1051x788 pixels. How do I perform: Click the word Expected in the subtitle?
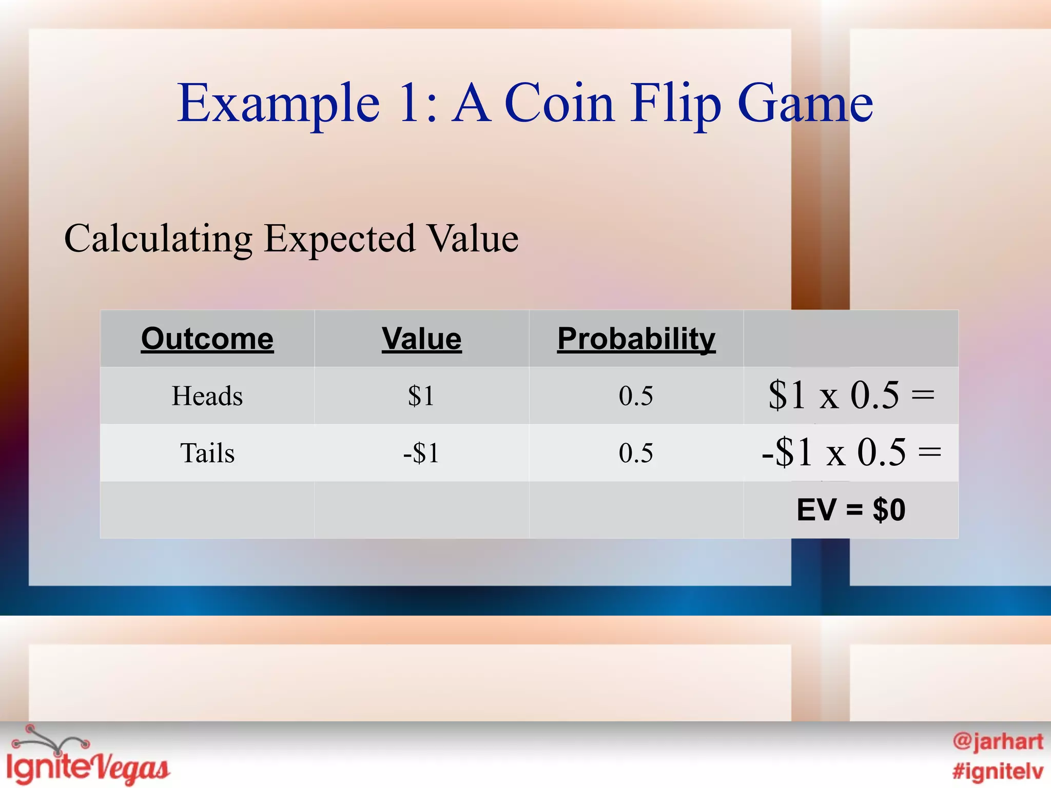(339, 239)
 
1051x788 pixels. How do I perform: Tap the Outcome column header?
(207, 339)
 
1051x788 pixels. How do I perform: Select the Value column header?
(421, 339)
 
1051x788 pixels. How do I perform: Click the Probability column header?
(636, 339)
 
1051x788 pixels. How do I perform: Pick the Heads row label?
(207, 396)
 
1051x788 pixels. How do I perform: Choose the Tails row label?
(207, 453)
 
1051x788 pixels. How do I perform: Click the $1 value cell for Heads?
(421, 396)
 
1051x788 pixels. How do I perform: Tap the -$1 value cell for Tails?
(421, 453)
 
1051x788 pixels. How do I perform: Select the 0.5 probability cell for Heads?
(636, 396)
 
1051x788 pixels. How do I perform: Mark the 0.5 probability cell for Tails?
(636, 453)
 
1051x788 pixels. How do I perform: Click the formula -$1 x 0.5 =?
(851, 452)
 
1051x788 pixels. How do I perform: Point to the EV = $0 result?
(851, 510)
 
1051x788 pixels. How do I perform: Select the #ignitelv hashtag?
(998, 771)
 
